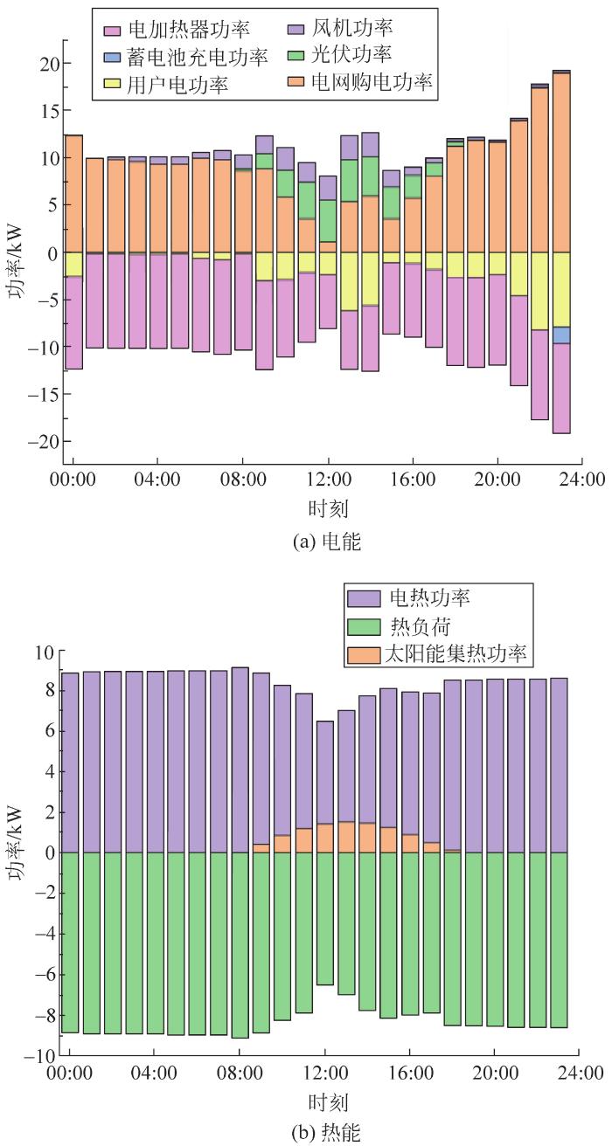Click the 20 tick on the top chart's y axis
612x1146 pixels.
[46, 64]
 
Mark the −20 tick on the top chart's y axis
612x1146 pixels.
[41, 441]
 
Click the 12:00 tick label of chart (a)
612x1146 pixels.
[328, 480]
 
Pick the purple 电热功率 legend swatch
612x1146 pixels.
[363, 598]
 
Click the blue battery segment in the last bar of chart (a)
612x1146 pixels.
[562, 335]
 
